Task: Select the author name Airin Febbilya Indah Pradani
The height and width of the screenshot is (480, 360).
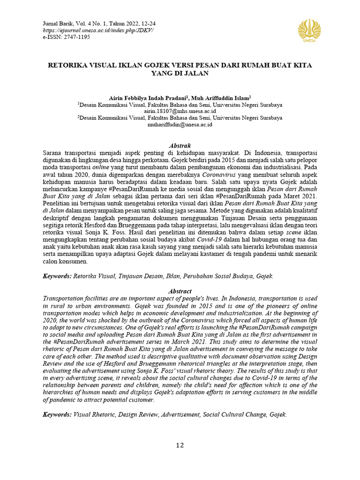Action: coord(147,97)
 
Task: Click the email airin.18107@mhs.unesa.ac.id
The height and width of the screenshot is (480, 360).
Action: coord(180,112)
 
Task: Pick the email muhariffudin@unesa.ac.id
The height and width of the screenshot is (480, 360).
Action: coord(180,125)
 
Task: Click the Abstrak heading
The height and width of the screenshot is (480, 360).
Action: coord(180,146)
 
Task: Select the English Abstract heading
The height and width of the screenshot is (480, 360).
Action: coord(180,291)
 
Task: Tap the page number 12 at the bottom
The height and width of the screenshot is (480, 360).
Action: coord(180,445)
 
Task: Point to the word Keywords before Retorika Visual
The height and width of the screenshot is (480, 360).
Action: coord(57,277)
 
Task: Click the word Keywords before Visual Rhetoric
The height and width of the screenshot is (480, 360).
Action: coord(57,415)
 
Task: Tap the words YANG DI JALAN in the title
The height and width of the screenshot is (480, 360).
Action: coord(180,74)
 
